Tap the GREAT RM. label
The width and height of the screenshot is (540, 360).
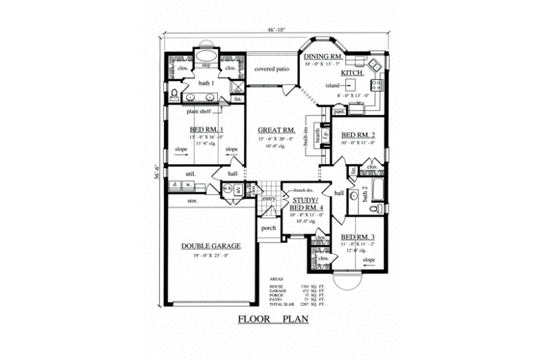click(275, 128)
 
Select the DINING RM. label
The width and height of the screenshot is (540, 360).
click(323, 58)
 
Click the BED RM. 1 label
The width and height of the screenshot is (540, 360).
click(207, 129)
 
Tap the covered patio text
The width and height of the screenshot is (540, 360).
click(273, 69)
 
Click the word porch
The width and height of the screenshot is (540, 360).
click(269, 229)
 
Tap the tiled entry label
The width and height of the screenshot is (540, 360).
click(269, 197)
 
